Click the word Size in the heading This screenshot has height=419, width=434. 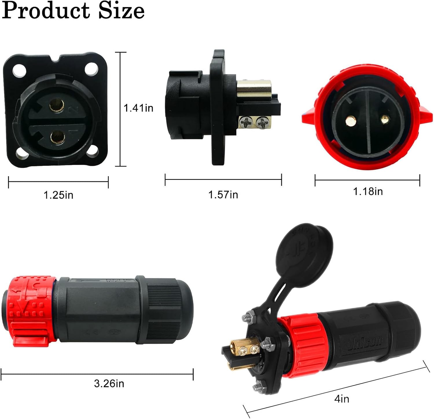click(122, 10)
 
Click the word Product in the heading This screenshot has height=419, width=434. click(46, 10)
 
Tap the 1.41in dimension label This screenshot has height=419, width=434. click(138, 108)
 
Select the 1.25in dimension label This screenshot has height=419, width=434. click(58, 195)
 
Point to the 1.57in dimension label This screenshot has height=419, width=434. click(223, 195)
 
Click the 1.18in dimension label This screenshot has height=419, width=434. click(368, 192)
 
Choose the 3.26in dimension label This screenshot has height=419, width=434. click(109, 384)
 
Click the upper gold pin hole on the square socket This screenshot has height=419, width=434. click(56, 105)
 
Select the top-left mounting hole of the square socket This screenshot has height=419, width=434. click(19, 70)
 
